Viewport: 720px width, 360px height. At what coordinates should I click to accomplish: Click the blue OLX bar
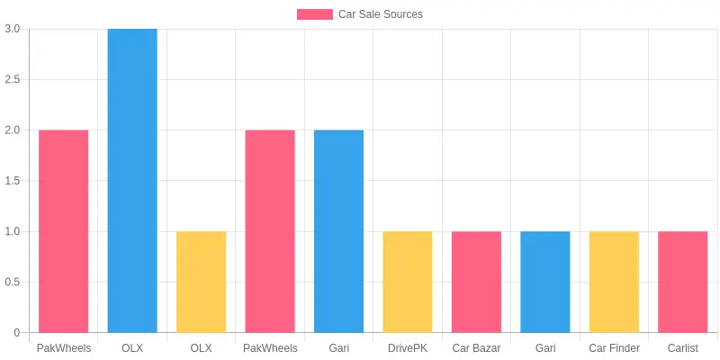point(132,181)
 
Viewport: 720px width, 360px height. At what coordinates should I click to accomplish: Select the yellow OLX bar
point(201,282)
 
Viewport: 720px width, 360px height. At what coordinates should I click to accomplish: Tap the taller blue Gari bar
point(339,231)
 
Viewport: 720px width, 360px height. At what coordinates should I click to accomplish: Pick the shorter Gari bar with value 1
point(545,282)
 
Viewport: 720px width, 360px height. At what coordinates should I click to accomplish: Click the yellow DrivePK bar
point(408,282)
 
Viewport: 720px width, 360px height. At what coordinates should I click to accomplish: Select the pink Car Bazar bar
point(476,282)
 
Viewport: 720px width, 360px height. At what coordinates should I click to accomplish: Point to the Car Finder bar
point(614,282)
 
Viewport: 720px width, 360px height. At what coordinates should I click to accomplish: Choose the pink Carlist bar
point(683,282)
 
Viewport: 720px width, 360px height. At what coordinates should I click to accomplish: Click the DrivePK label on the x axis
point(408,348)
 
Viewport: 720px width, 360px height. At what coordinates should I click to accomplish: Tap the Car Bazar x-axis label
point(476,348)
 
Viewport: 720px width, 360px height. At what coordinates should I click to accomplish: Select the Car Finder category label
point(614,348)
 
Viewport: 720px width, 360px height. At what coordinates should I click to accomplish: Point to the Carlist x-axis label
point(683,348)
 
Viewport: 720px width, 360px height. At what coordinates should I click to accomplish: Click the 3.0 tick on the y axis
point(13,29)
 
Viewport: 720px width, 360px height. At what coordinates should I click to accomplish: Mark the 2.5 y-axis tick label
point(13,79)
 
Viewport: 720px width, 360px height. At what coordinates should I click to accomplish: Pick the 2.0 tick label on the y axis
point(13,130)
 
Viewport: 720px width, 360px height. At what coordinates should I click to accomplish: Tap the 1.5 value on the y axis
point(13,181)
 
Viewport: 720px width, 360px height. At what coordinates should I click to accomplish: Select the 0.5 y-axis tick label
point(13,282)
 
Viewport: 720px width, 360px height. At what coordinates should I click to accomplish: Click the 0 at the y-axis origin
point(17,332)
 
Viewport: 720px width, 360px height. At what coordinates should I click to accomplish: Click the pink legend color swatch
point(315,14)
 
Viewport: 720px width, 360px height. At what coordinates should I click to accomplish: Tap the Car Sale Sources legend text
point(381,14)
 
